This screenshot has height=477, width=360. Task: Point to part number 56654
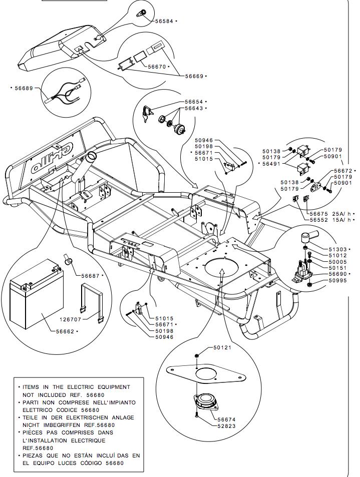[194, 102]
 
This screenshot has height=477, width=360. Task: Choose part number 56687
[91, 275]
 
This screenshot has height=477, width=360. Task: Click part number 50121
[223, 347]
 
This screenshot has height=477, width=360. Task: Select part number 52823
[226, 426]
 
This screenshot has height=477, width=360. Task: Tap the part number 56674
[226, 419]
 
